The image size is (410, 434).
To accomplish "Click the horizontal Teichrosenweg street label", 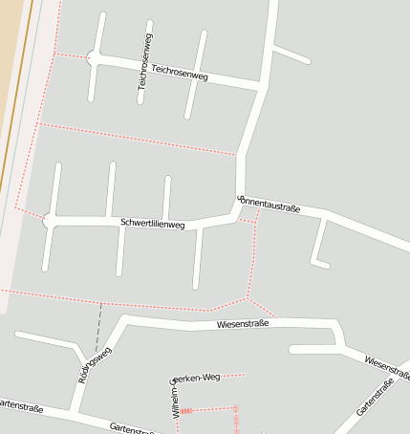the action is pos(180,73).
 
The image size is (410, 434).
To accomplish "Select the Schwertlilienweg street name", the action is pos(153,224).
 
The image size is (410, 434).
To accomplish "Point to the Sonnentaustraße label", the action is pos(269,204).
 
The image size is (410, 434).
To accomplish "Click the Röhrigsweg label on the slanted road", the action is pos(95,364).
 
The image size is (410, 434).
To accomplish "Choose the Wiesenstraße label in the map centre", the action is pos(243,324).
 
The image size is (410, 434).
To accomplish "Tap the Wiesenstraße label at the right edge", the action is pos(386,366).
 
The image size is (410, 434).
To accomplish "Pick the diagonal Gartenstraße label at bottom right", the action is pos(375,398).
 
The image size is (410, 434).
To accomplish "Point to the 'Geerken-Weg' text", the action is pos(195,378).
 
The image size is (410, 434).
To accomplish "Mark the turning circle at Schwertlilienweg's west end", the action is pos(50,221).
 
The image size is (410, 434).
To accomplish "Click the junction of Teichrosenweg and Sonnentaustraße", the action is pos(261,88).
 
